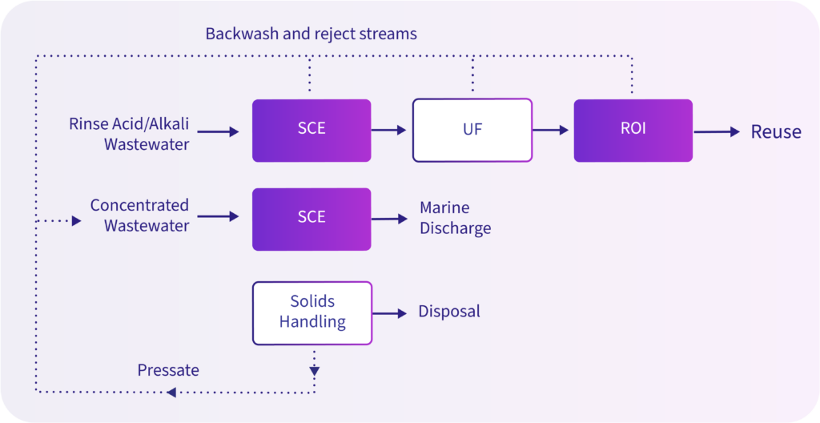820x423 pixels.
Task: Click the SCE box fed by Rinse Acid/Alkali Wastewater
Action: pyautogui.click(x=312, y=131)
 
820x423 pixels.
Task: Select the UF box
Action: pyautogui.click(x=472, y=131)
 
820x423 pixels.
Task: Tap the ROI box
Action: pyautogui.click(x=633, y=131)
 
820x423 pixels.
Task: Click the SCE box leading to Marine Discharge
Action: pyautogui.click(x=312, y=220)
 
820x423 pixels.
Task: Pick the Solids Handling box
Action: pyautogui.click(x=312, y=313)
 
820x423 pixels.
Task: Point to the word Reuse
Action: pyautogui.click(x=776, y=132)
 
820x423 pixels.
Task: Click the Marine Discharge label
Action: pyautogui.click(x=456, y=218)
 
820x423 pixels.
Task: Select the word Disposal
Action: pyautogui.click(x=449, y=312)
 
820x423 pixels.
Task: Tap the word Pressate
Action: pyautogui.click(x=168, y=370)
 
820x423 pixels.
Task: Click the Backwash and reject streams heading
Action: pyautogui.click(x=312, y=34)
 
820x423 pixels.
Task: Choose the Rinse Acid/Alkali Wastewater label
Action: pyautogui.click(x=129, y=134)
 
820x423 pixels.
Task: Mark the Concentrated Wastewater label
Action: pyautogui.click(x=139, y=216)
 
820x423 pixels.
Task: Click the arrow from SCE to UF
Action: pyautogui.click(x=388, y=131)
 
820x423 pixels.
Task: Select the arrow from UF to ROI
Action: pyautogui.click(x=550, y=131)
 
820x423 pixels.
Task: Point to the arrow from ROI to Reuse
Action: pyautogui.click(x=717, y=132)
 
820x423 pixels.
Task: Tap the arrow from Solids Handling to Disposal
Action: pyautogui.click(x=389, y=313)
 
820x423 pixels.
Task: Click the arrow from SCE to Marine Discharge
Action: pyautogui.click(x=389, y=219)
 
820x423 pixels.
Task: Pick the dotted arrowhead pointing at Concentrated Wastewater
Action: pyautogui.click(x=76, y=221)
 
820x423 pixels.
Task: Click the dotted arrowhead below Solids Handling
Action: pyautogui.click(x=314, y=372)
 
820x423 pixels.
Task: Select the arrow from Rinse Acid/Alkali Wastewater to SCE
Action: pyautogui.click(x=218, y=132)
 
